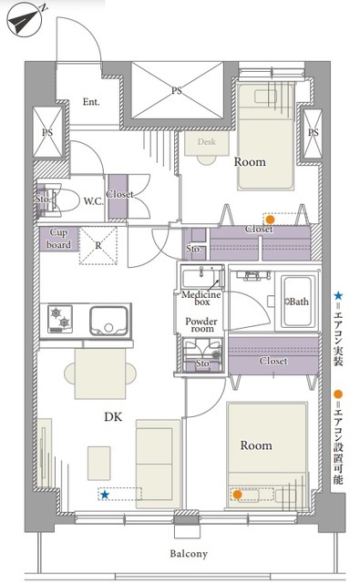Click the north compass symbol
(x=25, y=19)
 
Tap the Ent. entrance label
(x=91, y=101)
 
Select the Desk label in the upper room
(x=207, y=142)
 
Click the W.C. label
(x=93, y=201)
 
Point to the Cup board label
(x=58, y=239)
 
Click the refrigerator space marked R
(x=98, y=246)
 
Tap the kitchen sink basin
(x=108, y=321)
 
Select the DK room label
(x=113, y=417)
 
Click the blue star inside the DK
(x=105, y=495)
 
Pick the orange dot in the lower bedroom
(x=237, y=495)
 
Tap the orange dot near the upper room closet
(x=271, y=220)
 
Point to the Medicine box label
(x=201, y=298)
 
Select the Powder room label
(x=201, y=325)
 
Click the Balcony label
(x=189, y=554)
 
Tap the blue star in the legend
(x=338, y=296)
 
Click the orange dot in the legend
(x=338, y=394)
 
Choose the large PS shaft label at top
(x=177, y=90)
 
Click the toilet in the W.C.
(x=63, y=200)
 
